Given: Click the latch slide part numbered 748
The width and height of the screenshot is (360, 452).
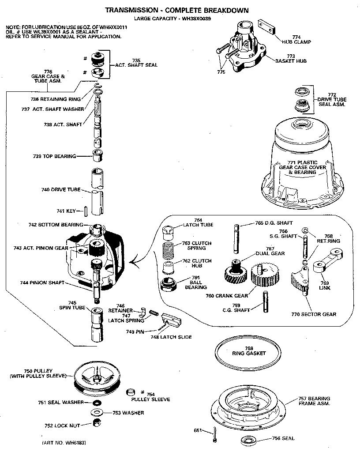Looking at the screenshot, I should [172, 320].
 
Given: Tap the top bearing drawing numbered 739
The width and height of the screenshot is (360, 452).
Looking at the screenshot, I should [97, 156].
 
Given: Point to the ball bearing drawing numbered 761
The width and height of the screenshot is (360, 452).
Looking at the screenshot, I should [169, 283].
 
